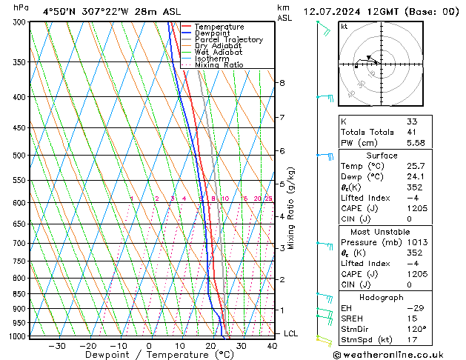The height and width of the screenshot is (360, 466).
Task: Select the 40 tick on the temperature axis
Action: [272, 345]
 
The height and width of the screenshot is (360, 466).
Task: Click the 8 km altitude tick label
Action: [282, 83]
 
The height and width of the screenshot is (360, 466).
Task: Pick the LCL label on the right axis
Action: [291, 333]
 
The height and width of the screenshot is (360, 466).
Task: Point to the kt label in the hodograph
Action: [344, 26]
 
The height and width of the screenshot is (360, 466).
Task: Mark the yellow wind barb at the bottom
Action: [322, 339]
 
